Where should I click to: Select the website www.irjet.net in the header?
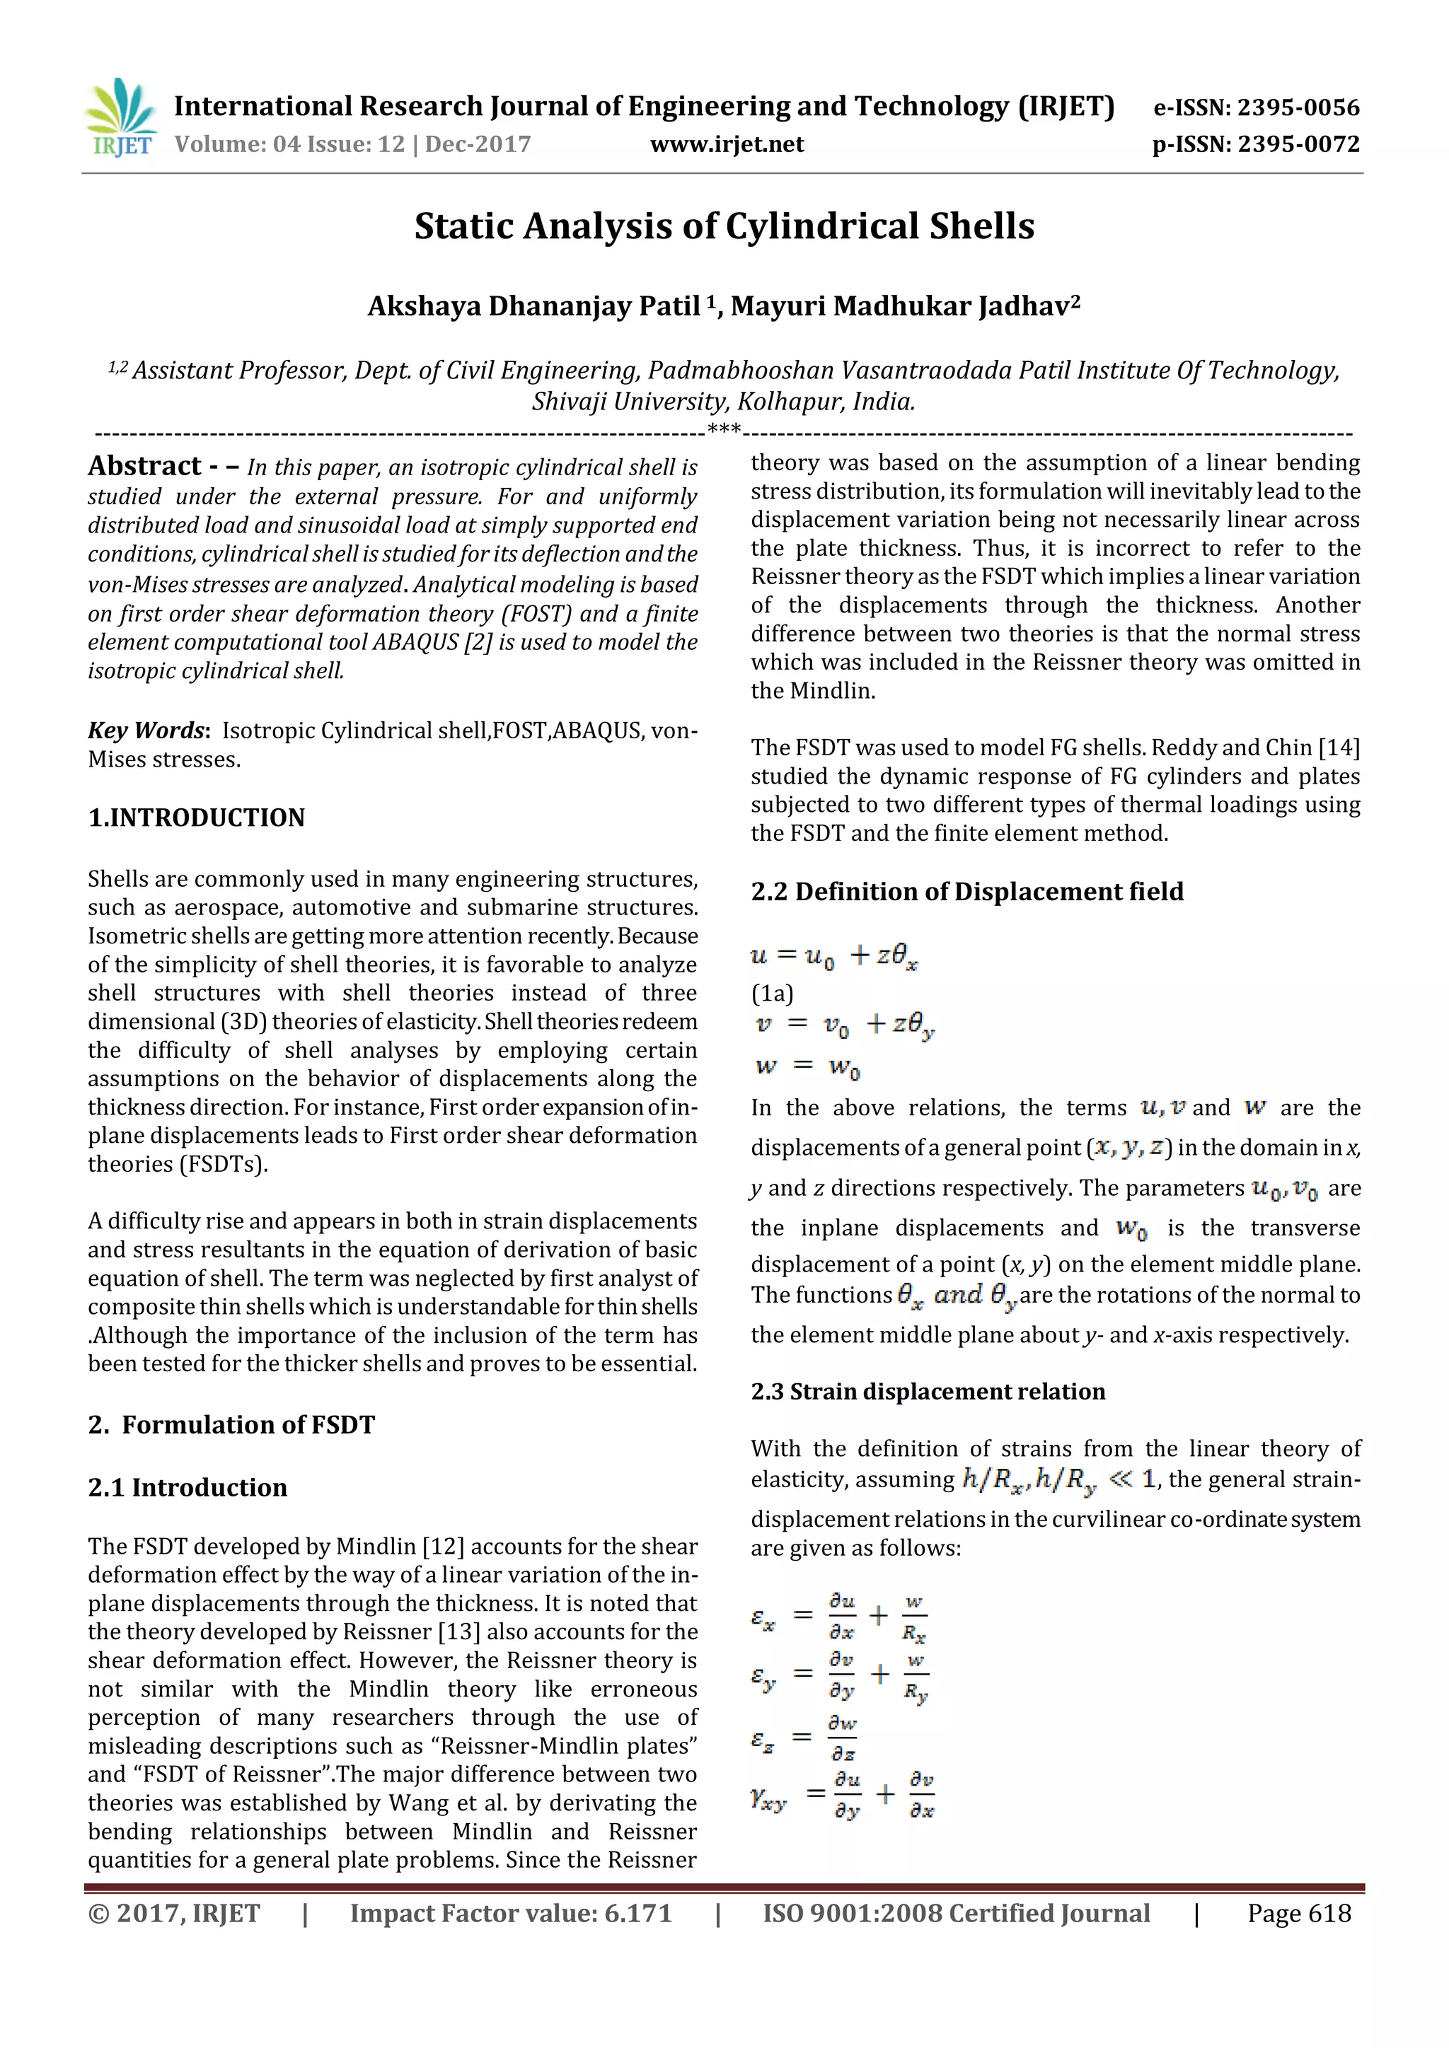tap(727, 144)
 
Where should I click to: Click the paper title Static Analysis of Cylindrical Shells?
tap(724, 226)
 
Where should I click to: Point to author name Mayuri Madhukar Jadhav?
tap(905, 306)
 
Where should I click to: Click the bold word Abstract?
tap(144, 467)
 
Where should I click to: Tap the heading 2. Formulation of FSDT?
tap(231, 1424)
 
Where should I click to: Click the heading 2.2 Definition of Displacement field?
tap(966, 891)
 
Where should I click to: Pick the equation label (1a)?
tap(772, 993)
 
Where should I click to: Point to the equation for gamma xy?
tap(842, 1796)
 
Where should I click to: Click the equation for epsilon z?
tap(803, 1738)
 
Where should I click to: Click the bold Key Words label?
tap(147, 731)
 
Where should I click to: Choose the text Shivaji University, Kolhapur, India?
tap(724, 402)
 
